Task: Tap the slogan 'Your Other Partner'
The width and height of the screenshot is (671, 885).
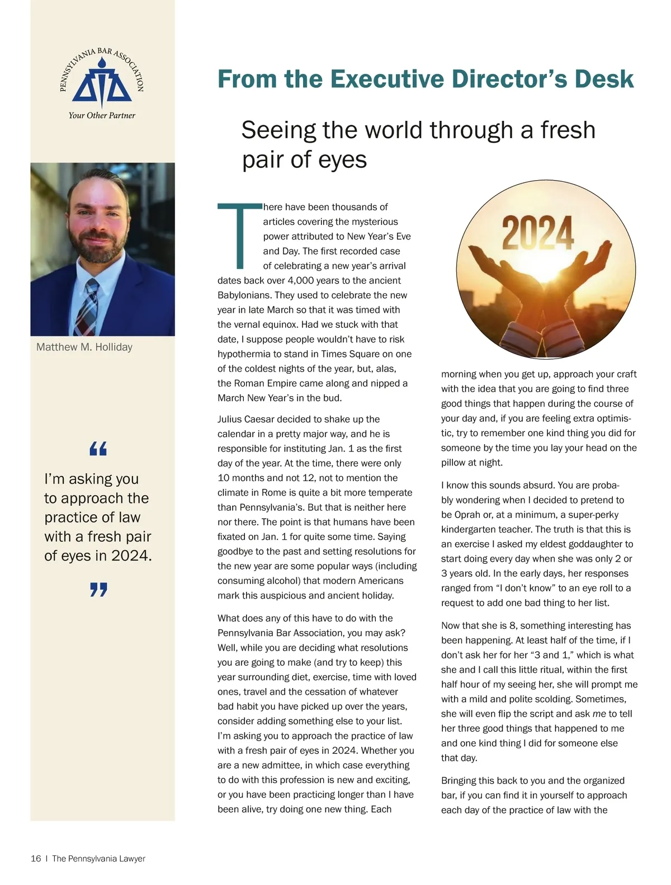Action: (x=102, y=115)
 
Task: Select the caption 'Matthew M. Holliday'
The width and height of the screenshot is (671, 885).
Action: (x=84, y=347)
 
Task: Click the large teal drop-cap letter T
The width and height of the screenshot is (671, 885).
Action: (x=239, y=235)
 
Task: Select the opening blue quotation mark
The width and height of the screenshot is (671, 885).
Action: (x=98, y=448)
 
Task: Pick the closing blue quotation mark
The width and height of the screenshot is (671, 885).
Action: (x=98, y=590)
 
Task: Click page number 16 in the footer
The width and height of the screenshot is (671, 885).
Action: (x=36, y=859)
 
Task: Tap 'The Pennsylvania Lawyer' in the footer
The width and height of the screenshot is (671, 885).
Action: (x=98, y=859)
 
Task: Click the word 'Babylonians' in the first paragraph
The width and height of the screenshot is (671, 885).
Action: (x=242, y=295)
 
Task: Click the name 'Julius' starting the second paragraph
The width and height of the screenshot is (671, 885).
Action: (x=230, y=419)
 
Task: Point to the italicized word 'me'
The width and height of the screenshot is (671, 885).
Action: (x=599, y=714)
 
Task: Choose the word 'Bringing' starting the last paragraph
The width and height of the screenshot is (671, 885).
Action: (x=460, y=780)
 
